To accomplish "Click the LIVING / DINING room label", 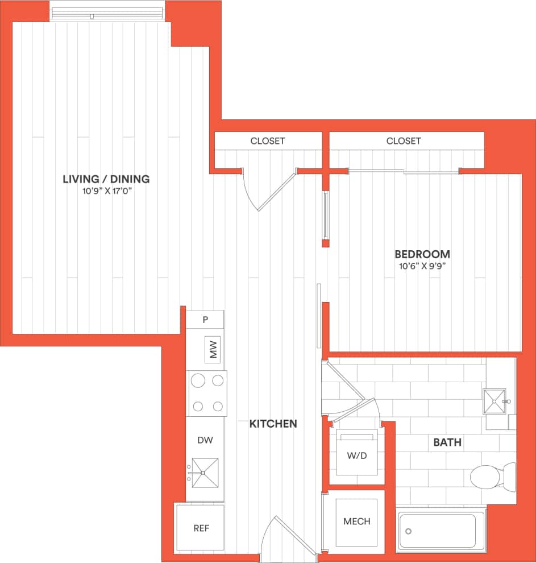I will (x=106, y=179).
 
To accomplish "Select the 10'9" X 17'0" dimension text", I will (x=106, y=192).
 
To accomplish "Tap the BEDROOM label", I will (x=422, y=254).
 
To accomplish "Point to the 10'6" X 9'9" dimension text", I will (x=422, y=266).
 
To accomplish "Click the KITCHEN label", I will (x=273, y=424).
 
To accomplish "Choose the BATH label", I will (x=447, y=442).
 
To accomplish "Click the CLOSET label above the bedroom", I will (x=404, y=140).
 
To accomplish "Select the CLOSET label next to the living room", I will (x=268, y=140).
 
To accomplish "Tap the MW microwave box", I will (x=213, y=350).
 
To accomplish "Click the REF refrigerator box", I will (x=201, y=528).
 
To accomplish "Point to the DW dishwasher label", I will (x=205, y=440).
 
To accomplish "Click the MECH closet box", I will (x=356, y=521).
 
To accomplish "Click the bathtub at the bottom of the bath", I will (x=441, y=531).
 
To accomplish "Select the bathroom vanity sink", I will (x=494, y=401).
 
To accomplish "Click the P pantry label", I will (x=205, y=320).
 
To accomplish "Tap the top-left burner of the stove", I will (x=197, y=380).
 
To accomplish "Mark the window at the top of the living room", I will (x=107, y=11).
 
